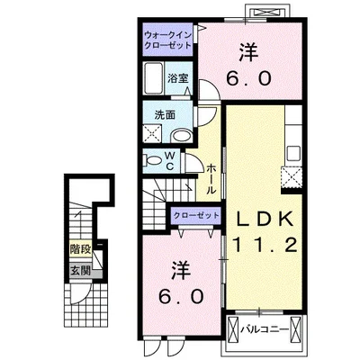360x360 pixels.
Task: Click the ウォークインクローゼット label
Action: (167, 40)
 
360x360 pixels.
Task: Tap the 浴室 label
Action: (178, 78)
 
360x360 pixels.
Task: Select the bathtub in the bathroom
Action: (154, 78)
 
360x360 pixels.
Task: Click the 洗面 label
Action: (165, 115)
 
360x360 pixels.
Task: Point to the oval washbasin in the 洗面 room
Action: (181, 136)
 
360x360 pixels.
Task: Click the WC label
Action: (170, 161)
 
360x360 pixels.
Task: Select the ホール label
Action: (211, 178)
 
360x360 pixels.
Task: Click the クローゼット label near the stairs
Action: (196, 215)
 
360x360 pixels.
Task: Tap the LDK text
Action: (265, 220)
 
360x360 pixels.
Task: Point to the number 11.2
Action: (265, 245)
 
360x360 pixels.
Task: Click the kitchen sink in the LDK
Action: (293, 154)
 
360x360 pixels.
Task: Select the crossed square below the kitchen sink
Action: (292, 176)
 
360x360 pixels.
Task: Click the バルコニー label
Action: (265, 329)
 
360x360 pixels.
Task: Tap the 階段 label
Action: (80, 249)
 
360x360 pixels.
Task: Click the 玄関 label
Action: (80, 271)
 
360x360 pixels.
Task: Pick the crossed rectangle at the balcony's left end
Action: (233, 330)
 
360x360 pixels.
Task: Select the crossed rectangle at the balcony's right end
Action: (295, 330)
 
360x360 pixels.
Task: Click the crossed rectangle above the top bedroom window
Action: (267, 12)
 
